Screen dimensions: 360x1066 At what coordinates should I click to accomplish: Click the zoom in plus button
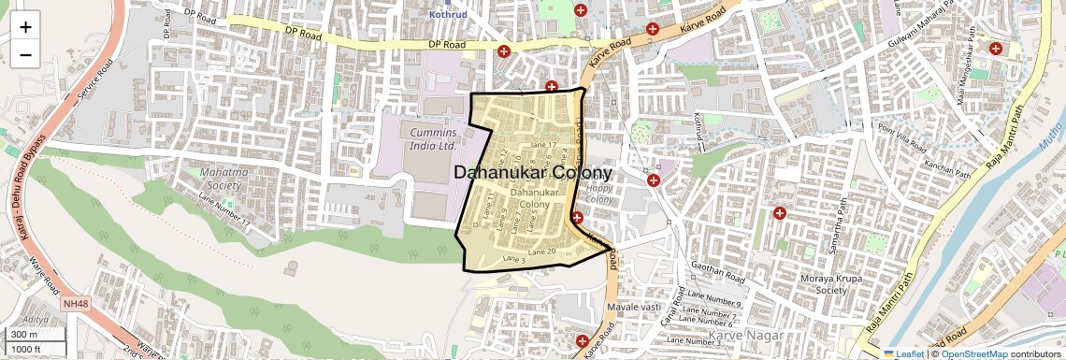point(25,26)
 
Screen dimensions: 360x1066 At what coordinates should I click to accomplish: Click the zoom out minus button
point(25,54)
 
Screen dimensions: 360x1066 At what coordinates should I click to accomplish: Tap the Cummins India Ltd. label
point(433,139)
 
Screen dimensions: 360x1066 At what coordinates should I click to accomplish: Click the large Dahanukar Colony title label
point(533,173)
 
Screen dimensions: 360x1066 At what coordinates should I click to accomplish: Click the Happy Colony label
point(598,194)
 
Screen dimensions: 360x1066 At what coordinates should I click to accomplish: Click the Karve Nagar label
point(740,334)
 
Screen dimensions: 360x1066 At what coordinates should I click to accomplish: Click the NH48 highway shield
point(75,304)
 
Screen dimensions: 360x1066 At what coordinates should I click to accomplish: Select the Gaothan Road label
point(716,272)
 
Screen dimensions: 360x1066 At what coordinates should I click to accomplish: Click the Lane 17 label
point(543,145)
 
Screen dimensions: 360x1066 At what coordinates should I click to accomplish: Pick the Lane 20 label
point(542,251)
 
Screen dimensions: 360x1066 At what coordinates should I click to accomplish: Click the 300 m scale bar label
point(25,334)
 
